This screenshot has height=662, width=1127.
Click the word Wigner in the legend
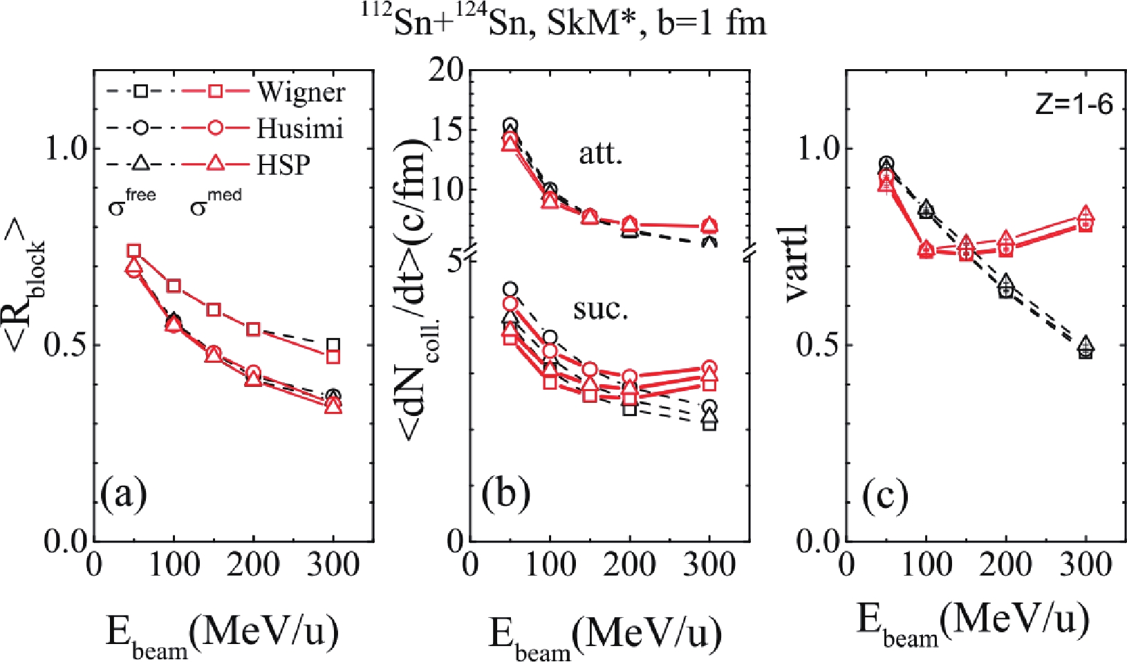(x=301, y=92)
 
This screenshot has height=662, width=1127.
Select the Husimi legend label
(x=300, y=129)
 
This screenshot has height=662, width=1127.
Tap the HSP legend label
(x=283, y=164)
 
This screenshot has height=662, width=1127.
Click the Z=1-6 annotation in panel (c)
(x=1074, y=104)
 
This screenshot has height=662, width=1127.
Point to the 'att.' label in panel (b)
(x=601, y=153)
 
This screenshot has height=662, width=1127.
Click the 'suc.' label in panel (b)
(x=601, y=309)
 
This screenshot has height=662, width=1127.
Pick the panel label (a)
(x=124, y=495)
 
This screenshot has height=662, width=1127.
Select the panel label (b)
(x=507, y=495)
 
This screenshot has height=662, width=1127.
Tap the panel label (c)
(x=885, y=495)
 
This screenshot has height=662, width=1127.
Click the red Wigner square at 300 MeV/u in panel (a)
(x=333, y=357)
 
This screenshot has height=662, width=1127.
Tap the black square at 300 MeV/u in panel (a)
(x=333, y=345)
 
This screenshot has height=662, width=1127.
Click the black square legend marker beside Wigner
(x=140, y=91)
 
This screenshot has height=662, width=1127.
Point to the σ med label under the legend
(x=215, y=203)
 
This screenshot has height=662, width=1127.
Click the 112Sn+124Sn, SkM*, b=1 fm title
(x=565, y=23)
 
